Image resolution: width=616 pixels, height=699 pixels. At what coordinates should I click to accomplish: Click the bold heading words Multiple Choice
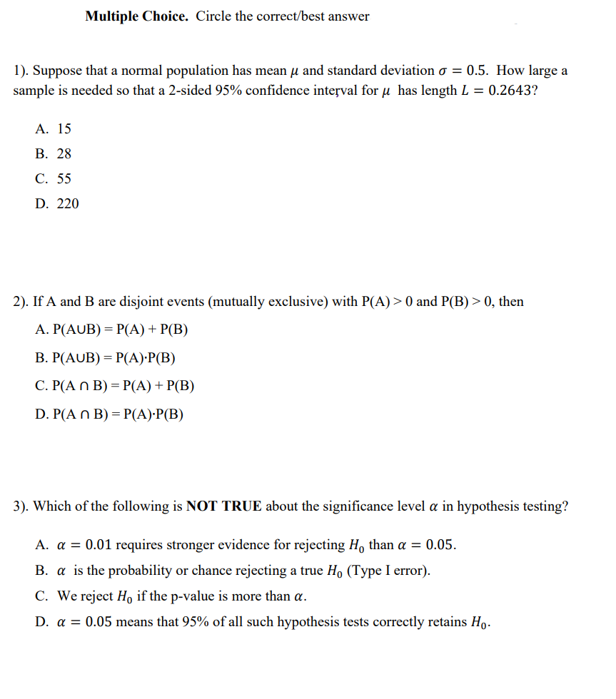tap(136, 16)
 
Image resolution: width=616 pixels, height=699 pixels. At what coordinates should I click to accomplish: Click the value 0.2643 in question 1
tap(510, 91)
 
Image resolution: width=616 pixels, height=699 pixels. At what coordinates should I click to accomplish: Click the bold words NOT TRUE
tap(224, 506)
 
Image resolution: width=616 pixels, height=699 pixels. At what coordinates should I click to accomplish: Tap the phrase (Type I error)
tap(388, 571)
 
